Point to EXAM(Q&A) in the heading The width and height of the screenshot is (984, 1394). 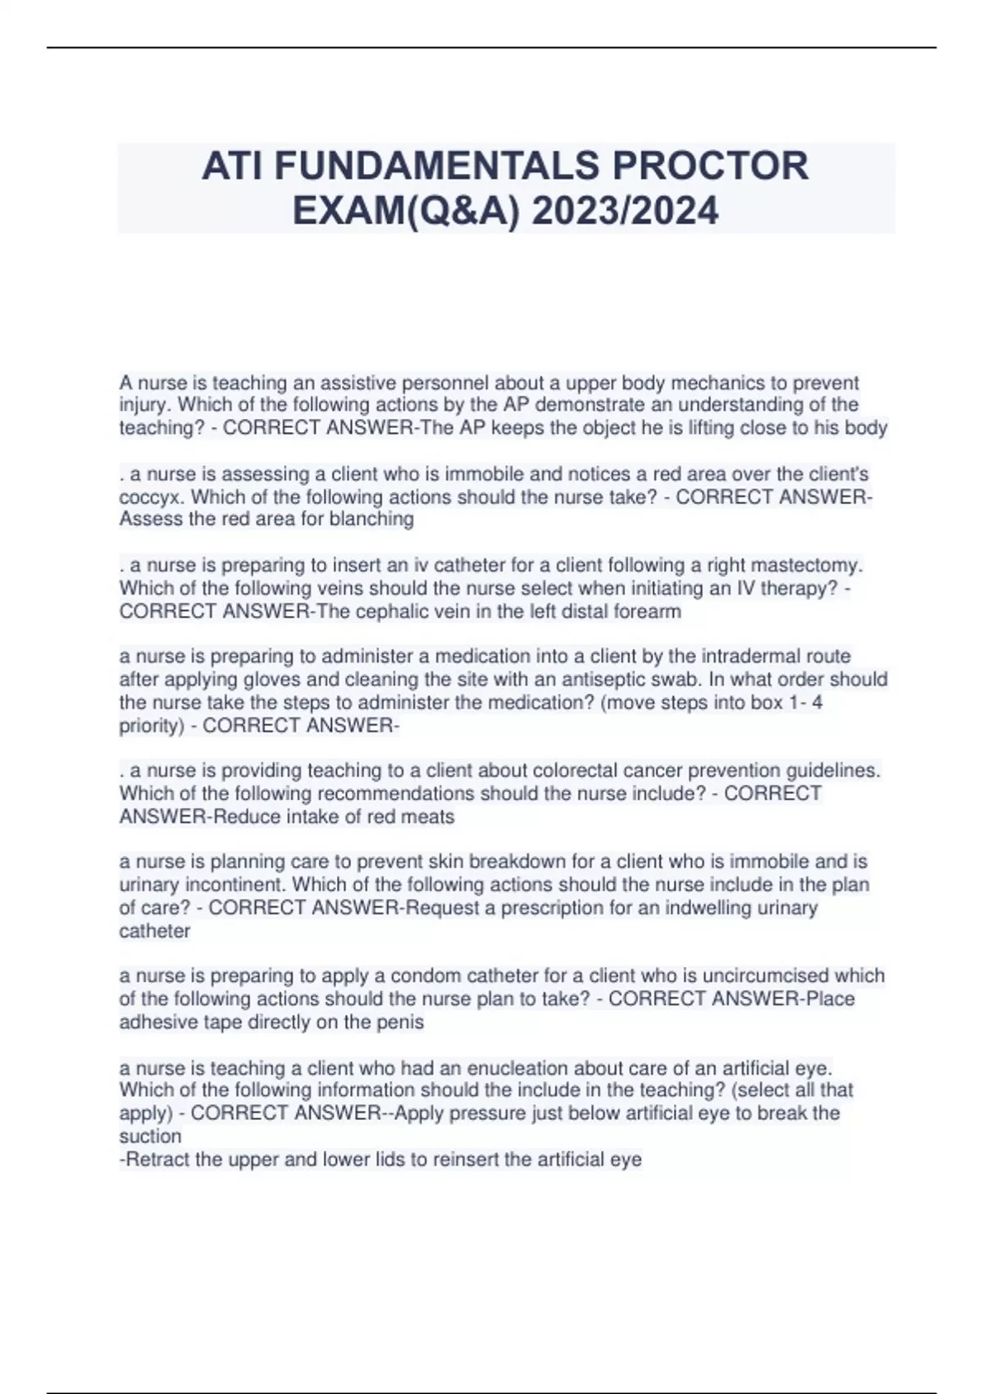click(406, 212)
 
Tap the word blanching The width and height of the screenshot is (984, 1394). click(373, 519)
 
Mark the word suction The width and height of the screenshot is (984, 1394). click(150, 1137)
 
